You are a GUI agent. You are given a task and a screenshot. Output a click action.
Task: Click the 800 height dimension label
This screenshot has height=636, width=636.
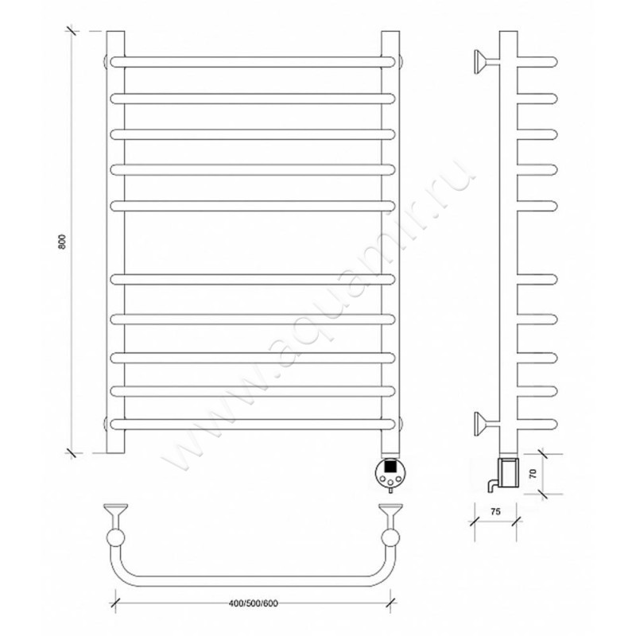tap(62, 242)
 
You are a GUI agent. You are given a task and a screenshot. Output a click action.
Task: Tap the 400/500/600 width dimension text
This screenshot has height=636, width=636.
tap(254, 603)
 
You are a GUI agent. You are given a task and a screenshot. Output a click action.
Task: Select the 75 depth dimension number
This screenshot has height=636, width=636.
tap(495, 511)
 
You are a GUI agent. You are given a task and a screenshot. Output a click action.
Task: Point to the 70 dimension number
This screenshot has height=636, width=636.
tap(533, 473)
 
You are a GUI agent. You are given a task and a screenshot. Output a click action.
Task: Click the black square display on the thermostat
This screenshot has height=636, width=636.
tap(390, 466)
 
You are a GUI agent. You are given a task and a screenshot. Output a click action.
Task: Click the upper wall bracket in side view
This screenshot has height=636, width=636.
tap(487, 62)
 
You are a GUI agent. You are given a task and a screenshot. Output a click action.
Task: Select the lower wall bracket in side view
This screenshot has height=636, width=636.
tap(487, 424)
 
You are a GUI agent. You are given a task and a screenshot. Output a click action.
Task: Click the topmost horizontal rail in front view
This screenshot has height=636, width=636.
tap(252, 62)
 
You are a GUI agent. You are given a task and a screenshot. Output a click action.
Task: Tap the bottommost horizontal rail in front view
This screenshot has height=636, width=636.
tap(252, 424)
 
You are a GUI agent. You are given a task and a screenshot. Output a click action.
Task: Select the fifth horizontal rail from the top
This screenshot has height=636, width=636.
tap(252, 206)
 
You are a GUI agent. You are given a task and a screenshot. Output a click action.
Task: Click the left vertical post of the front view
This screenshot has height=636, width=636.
tap(115, 242)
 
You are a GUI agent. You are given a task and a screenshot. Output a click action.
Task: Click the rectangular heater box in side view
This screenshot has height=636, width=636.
tap(510, 471)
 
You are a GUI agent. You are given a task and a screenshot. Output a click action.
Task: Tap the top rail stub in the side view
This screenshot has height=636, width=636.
tap(537, 62)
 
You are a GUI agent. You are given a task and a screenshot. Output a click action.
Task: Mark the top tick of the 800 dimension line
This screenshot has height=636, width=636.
tap(72, 31)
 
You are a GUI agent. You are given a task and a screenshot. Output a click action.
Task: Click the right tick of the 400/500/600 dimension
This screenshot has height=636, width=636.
tap(390, 603)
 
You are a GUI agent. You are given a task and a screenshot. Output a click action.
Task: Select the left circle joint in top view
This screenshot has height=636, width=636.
tap(115, 538)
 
